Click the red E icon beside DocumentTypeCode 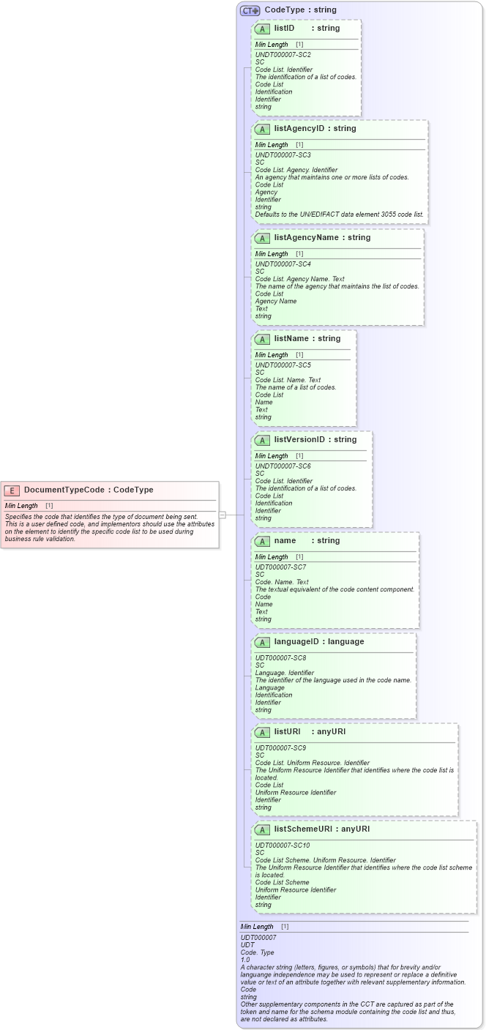[12, 490]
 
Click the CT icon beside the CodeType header [250, 10]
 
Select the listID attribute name [284, 28]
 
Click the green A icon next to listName [262, 339]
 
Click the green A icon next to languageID [262, 642]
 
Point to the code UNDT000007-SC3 [283, 155]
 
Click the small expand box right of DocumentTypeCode [222, 515]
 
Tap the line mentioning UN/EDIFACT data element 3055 [339, 214]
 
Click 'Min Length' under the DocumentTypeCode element [21, 506]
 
